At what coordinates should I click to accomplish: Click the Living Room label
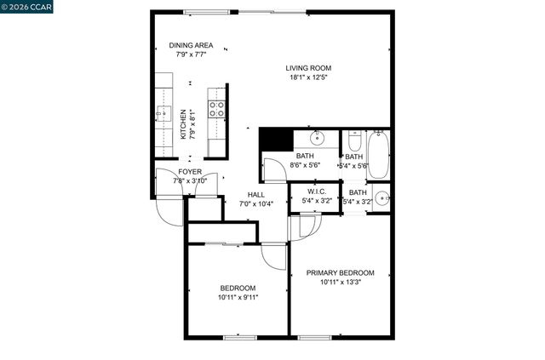pyautogui.click(x=307, y=68)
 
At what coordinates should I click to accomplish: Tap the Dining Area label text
pyautogui.click(x=191, y=46)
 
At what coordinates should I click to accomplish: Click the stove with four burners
pyautogui.click(x=216, y=108)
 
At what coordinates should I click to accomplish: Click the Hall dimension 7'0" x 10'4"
pyautogui.click(x=255, y=203)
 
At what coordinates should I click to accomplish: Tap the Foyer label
pyautogui.click(x=190, y=171)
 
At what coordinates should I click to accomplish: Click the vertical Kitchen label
pyautogui.click(x=183, y=124)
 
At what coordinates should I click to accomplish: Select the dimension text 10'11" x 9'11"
pyautogui.click(x=238, y=297)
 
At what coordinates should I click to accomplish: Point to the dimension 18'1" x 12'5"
pyautogui.click(x=307, y=78)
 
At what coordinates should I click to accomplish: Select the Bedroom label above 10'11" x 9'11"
pyautogui.click(x=238, y=287)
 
